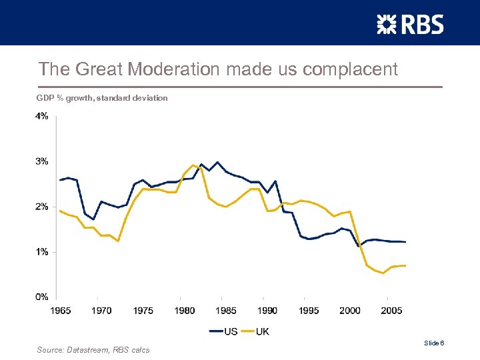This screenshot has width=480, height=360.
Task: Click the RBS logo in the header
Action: click(x=410, y=25)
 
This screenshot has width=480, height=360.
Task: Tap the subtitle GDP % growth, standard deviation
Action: click(x=102, y=98)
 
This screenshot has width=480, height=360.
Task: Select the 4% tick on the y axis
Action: click(x=41, y=116)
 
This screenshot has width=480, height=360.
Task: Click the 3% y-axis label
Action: click(x=41, y=161)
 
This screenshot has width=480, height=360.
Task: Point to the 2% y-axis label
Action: click(x=41, y=207)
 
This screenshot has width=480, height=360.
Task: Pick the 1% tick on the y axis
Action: click(x=41, y=251)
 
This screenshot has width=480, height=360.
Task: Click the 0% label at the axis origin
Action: click(x=41, y=297)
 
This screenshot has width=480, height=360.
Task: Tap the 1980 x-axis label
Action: click(x=185, y=310)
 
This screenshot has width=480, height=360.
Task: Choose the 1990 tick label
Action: click(x=267, y=310)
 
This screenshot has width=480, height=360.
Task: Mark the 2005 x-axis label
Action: click(x=391, y=310)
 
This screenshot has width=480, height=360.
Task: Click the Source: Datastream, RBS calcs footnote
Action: click(x=93, y=350)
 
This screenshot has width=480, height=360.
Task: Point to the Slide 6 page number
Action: click(x=434, y=343)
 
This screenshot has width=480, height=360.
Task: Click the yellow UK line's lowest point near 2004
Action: click(x=383, y=273)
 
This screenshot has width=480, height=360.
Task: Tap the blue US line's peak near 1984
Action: click(x=217, y=162)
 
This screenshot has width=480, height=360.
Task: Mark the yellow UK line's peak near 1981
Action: click(x=193, y=165)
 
